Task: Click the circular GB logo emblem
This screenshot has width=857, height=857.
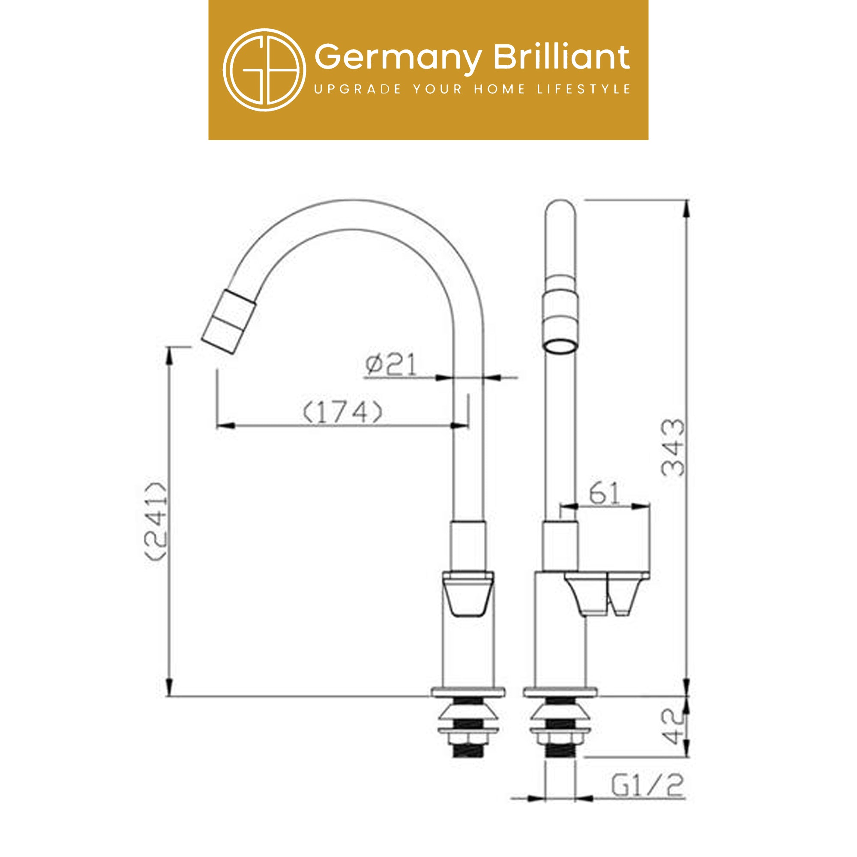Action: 264,70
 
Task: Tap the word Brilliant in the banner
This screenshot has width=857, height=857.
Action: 562,57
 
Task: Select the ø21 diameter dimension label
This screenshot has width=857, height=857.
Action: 391,365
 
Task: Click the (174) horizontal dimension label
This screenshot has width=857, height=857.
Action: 342,412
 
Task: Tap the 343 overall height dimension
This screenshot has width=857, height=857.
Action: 673,447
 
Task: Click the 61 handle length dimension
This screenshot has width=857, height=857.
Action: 605,492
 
